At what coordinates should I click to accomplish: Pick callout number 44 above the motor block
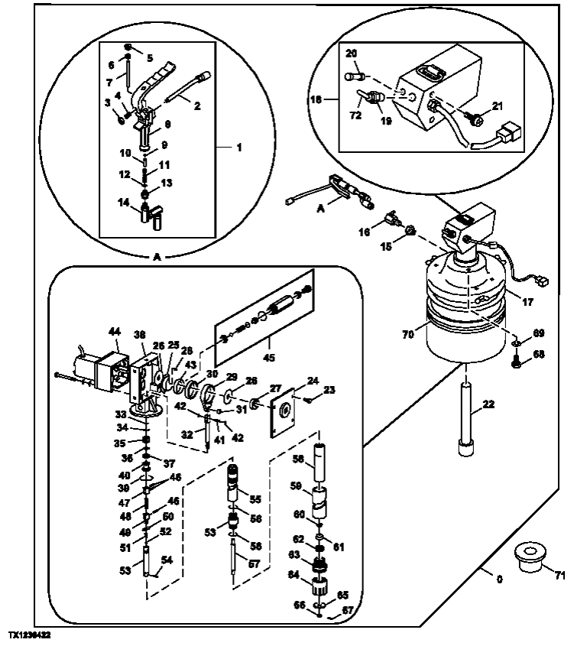[115, 332]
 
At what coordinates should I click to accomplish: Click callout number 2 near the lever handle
[197, 107]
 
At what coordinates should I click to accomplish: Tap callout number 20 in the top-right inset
[352, 54]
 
